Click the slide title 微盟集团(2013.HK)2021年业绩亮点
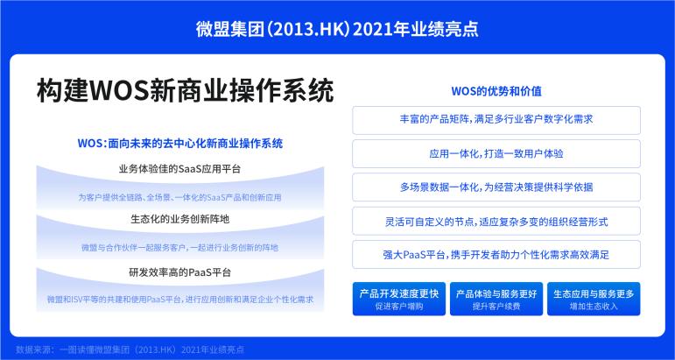[x=337, y=29]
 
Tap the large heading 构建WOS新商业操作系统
[x=186, y=90]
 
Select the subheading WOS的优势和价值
[x=496, y=91]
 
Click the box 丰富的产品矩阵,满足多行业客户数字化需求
[x=496, y=120]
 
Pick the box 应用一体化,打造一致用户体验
[x=496, y=154]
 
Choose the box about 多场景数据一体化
[x=496, y=187]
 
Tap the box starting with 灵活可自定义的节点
[x=496, y=222]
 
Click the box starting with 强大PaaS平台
[x=496, y=255]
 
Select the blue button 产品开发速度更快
[x=399, y=299]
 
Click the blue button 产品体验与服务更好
[x=496, y=299]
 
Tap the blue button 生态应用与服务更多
[x=594, y=299]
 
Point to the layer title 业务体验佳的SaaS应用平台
[x=180, y=169]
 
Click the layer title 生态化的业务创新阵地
[x=180, y=219]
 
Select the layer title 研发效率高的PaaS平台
[x=180, y=272]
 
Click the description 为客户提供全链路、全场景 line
[x=180, y=198]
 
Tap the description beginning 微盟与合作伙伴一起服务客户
[x=180, y=248]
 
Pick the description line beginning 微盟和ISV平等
[x=180, y=300]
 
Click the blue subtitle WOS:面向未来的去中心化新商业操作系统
[x=180, y=143]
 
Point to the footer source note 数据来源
[x=130, y=349]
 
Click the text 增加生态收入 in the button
[x=594, y=307]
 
